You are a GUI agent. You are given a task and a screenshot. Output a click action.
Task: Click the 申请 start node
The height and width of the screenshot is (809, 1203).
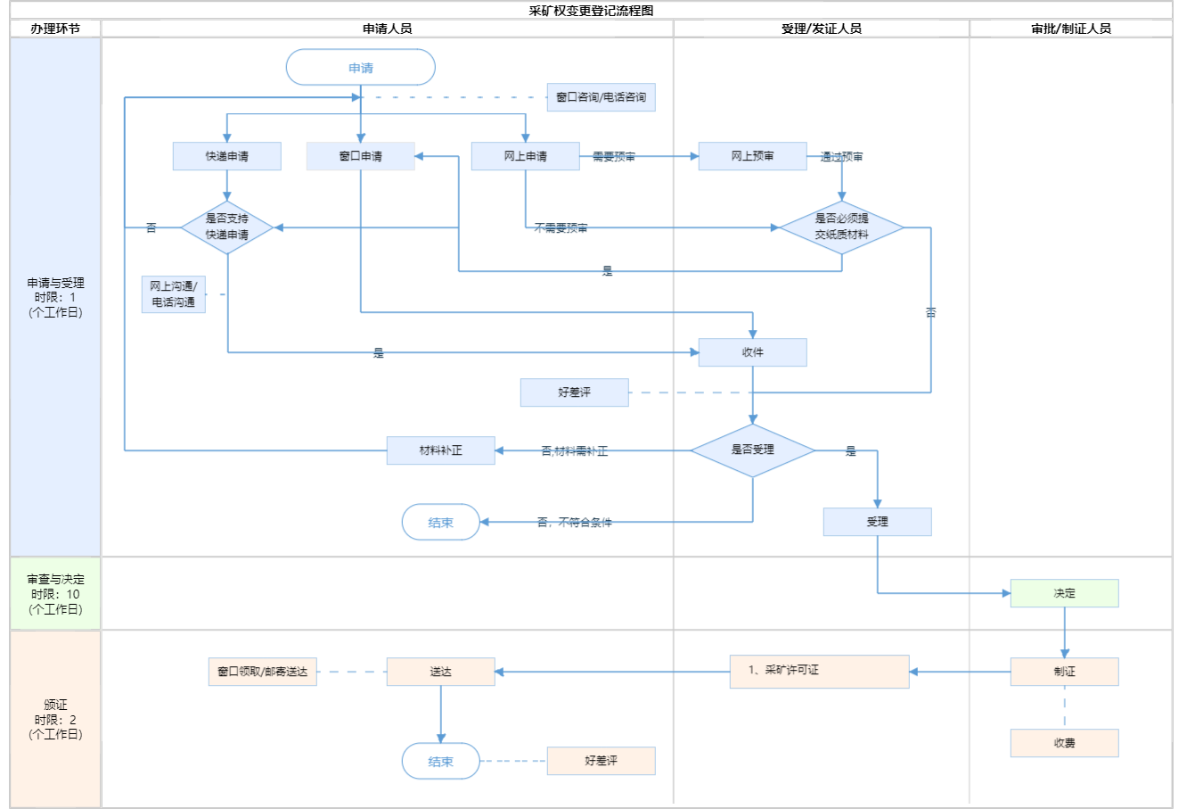coord(361,68)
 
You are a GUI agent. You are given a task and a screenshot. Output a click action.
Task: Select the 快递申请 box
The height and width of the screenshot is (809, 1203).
coord(227,156)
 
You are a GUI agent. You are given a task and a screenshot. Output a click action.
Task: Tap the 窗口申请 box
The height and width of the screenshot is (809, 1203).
coord(361,156)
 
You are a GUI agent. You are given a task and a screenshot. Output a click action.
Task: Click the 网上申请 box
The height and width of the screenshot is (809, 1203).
coord(525,156)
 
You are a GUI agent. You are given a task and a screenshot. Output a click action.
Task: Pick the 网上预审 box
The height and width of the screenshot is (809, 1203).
coord(753,156)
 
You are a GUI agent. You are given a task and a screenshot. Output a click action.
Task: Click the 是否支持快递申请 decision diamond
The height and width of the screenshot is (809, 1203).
coord(227,227)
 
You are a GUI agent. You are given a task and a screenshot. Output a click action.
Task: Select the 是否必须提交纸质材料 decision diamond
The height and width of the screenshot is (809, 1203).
coord(841,227)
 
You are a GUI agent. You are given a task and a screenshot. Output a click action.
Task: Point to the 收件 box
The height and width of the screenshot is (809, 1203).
coord(753,352)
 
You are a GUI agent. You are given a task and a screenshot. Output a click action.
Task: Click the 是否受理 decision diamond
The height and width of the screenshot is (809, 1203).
coord(753,450)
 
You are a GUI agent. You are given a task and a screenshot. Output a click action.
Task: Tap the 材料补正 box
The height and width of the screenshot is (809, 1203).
coord(441,450)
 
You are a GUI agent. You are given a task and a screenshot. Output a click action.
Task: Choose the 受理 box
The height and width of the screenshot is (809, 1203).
coord(878,522)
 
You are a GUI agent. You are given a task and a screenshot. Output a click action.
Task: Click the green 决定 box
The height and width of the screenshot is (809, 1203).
coord(1065,593)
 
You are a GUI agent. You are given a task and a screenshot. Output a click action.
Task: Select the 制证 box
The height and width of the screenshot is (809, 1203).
coord(1065,672)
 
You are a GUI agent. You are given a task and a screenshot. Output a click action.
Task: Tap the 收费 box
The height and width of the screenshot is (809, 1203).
coord(1065,743)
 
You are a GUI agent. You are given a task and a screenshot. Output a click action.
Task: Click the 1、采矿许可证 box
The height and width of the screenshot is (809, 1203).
coord(820,672)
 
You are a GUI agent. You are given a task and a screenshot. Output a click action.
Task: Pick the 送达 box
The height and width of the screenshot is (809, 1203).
coord(441,672)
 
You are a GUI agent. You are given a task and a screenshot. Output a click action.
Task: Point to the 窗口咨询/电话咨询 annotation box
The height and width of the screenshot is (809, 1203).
coord(601,97)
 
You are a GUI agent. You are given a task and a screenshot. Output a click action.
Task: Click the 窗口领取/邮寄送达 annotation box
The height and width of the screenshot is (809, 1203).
coord(263,672)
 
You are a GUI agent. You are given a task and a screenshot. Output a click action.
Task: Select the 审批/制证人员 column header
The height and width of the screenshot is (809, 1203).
coord(1071,29)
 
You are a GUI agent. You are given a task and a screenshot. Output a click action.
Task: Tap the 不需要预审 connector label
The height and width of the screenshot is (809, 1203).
coord(561,228)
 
